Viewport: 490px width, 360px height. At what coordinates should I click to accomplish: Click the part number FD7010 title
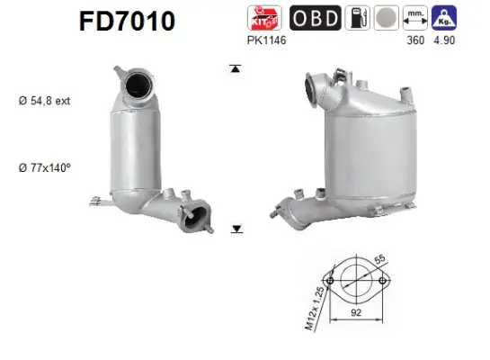(x=124, y=20)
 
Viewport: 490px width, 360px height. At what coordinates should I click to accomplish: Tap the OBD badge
(x=314, y=18)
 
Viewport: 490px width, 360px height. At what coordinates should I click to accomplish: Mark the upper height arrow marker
(x=236, y=68)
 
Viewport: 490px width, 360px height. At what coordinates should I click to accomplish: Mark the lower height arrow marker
(x=236, y=229)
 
